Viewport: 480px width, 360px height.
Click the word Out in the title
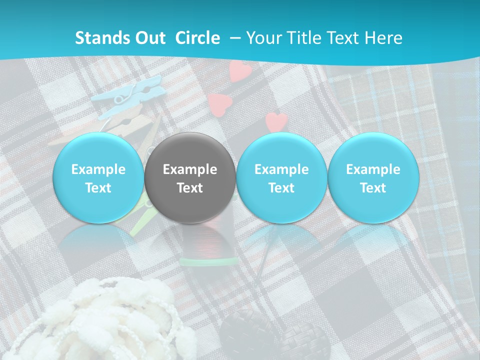149,38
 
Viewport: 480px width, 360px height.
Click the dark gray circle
190,178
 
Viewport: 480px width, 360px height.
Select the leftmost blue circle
98,178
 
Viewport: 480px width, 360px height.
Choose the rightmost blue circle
373,178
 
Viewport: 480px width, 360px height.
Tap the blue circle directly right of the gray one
281,178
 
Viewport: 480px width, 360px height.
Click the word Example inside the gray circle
190,169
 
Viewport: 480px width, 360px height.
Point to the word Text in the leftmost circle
98,188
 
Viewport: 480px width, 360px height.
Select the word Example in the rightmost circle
373,169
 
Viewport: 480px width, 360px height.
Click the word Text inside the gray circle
190,188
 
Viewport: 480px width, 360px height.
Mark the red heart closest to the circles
276,121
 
